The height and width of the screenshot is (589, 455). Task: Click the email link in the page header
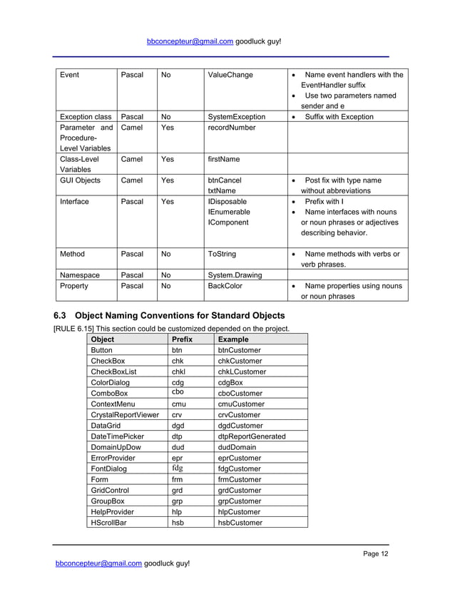pos(190,41)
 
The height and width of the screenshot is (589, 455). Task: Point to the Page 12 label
pos(376,554)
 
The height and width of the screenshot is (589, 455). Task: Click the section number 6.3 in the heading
pos(61,315)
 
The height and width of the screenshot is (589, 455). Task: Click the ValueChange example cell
pos(230,75)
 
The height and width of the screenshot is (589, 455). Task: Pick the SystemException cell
pos(236,117)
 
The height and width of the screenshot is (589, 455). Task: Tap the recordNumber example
pos(232,128)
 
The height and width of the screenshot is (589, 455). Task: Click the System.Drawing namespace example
pos(235,275)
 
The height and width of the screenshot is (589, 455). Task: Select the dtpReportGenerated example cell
pos(251,436)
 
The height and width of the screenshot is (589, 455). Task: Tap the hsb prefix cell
pos(178,522)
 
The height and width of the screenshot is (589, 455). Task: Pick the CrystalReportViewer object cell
pos(125,415)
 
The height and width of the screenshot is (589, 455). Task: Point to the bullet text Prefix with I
pos(324,202)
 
